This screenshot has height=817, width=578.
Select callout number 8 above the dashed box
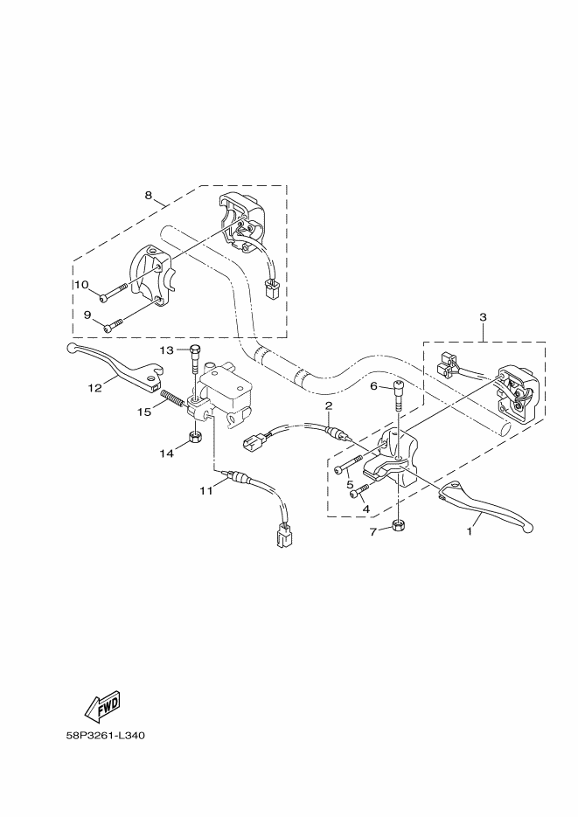tap(149, 194)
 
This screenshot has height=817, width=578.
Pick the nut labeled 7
tap(398, 525)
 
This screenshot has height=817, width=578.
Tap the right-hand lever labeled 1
tap(490, 507)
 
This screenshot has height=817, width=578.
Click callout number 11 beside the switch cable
tap(205, 490)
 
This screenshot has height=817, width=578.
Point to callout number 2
tap(328, 406)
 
